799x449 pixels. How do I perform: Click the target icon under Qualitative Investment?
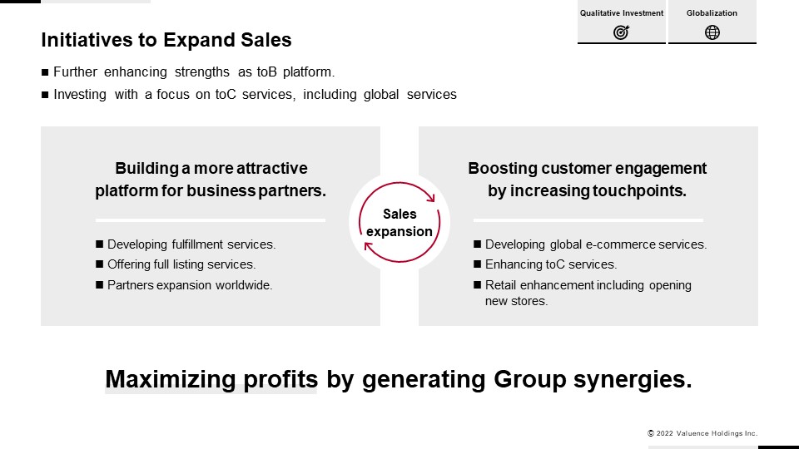621,32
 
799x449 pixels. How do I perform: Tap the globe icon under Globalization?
712,32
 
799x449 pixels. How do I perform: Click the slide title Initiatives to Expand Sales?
166,40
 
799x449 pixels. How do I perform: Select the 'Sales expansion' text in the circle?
399,223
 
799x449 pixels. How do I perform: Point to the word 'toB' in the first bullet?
266,72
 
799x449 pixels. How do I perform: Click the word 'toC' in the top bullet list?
226,95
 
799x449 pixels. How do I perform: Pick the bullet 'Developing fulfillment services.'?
191,244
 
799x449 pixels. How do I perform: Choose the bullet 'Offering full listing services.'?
181,264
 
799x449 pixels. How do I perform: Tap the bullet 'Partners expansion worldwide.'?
190,285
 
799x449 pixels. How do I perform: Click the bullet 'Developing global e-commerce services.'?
596,244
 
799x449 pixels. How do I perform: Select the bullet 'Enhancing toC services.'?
551,264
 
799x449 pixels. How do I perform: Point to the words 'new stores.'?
516,301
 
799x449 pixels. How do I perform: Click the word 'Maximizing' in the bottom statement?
170,379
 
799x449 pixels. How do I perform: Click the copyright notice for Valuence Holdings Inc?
702,433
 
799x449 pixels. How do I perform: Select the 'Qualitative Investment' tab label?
622,13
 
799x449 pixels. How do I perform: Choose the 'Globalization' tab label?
712,13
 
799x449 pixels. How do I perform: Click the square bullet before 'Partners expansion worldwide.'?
99,284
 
